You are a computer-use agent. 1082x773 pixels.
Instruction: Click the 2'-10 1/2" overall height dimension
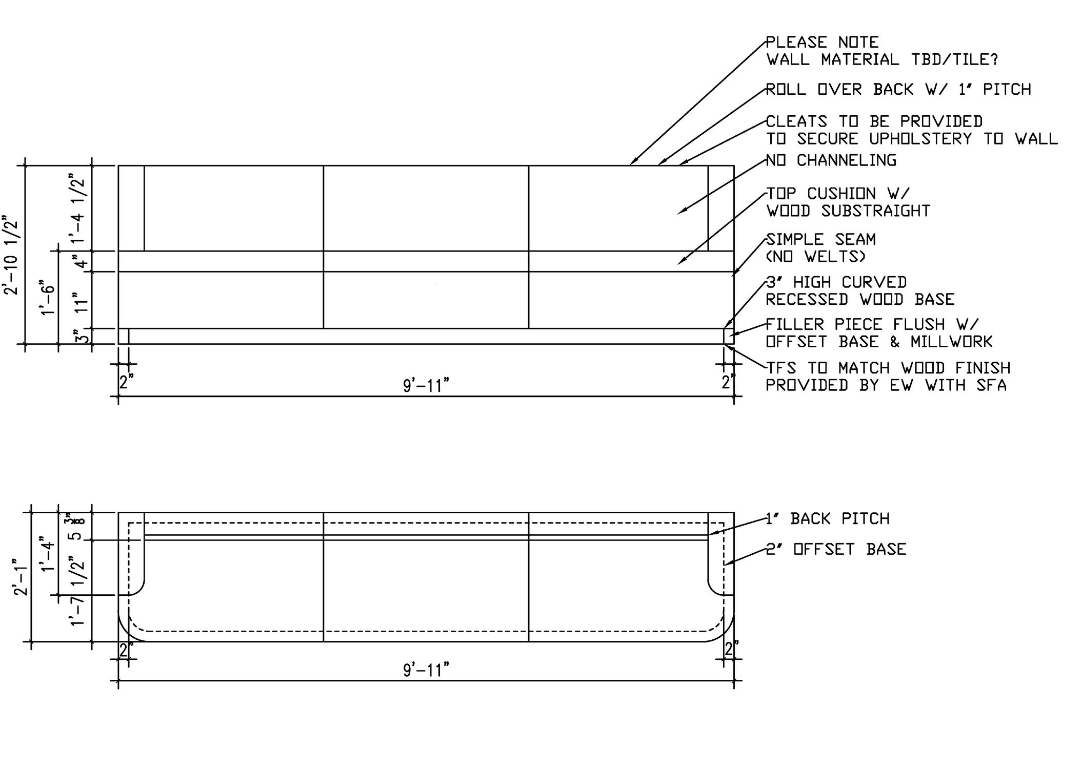11,257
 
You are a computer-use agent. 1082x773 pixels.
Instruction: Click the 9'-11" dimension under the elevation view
426,385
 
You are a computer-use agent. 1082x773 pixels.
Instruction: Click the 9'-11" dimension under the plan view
426,670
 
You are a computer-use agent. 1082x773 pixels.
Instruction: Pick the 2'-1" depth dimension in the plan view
21,577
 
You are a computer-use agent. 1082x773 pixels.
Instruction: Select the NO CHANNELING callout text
831,161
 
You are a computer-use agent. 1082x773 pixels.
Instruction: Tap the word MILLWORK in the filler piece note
952,342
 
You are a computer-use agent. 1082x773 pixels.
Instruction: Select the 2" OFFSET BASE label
836,549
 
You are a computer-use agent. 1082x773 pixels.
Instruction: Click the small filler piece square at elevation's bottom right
728,336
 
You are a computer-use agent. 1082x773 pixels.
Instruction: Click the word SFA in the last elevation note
991,385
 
